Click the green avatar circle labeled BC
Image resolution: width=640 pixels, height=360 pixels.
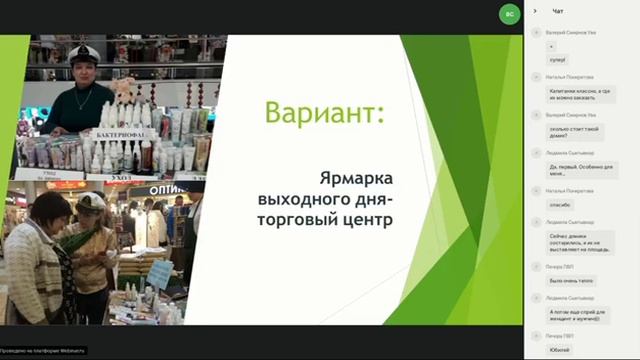(510, 14)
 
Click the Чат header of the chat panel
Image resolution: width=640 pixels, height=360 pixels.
(558, 11)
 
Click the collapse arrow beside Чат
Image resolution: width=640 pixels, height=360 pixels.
(535, 11)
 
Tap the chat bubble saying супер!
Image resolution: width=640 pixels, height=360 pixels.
(558, 62)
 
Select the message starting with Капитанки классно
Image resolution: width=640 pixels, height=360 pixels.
(583, 92)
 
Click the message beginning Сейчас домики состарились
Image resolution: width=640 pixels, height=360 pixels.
(581, 241)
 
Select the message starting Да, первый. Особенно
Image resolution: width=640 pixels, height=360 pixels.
(581, 170)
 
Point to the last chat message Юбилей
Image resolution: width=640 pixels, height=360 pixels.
(561, 350)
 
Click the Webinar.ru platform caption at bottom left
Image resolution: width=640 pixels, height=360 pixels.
(43, 350)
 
